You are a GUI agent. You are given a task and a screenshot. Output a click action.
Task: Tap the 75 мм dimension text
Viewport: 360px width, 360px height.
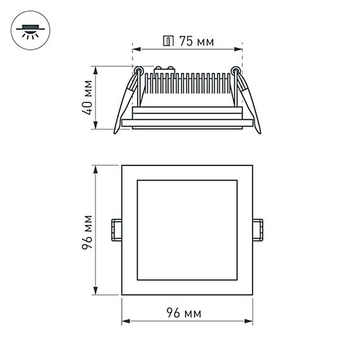click(195, 42)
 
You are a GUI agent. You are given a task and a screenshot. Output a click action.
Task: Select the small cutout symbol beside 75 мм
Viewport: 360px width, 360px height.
click(169, 42)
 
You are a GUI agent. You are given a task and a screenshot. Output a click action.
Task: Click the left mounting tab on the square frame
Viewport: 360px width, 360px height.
click(117, 229)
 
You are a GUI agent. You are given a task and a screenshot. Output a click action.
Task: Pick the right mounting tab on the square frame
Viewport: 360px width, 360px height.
click(258, 229)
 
